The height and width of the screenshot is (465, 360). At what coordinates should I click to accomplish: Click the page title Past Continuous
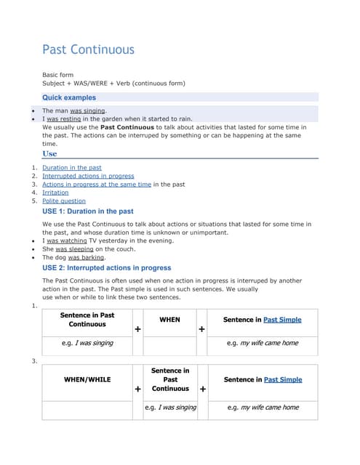[x=88, y=49]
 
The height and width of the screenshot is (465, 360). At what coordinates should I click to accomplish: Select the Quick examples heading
[x=68, y=97]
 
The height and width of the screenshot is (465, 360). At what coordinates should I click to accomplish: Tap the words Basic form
[x=57, y=75]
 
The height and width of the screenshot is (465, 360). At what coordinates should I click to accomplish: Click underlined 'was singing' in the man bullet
[x=87, y=110]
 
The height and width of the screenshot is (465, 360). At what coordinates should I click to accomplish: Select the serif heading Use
[x=49, y=154]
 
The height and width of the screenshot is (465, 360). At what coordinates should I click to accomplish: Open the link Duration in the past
[x=71, y=168]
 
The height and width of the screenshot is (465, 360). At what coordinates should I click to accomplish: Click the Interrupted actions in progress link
[x=88, y=176]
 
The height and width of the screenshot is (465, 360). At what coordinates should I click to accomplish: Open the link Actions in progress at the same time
[x=97, y=185]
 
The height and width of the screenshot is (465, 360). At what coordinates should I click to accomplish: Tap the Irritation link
[x=55, y=193]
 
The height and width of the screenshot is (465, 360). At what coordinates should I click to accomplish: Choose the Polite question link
[x=64, y=201]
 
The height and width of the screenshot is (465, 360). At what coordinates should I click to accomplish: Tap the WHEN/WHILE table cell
[x=87, y=379]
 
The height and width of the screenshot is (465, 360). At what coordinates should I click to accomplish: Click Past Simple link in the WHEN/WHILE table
[x=283, y=379]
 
